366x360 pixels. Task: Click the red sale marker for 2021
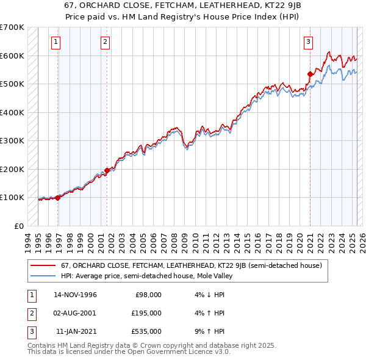click(310, 74)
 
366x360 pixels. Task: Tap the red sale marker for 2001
click(107, 170)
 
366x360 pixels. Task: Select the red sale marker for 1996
click(58, 198)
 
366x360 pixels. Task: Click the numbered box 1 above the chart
click(56, 42)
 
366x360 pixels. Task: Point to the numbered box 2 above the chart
click(105, 42)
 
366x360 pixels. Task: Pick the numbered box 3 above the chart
click(308, 42)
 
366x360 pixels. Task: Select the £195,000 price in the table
click(147, 313)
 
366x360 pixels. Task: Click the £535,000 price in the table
click(147, 331)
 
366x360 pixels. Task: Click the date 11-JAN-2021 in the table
click(76, 331)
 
